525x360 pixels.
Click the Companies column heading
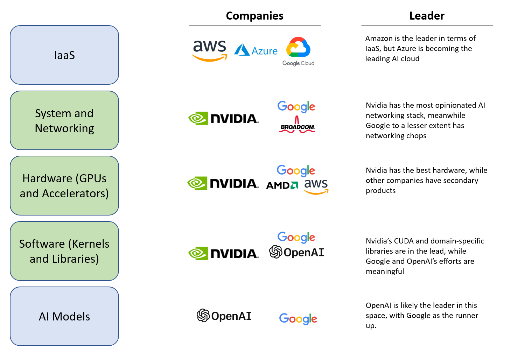pyautogui.click(x=254, y=16)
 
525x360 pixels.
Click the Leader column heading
pyautogui.click(x=427, y=16)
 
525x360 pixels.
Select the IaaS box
pyautogui.click(x=64, y=55)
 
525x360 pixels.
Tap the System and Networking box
pyautogui.click(x=64, y=120)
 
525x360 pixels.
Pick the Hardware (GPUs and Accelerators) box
pyautogui.click(x=64, y=185)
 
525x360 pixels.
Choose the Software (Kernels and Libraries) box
pyautogui.click(x=64, y=251)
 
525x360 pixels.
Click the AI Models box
pyautogui.click(x=64, y=316)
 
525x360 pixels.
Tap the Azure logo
pyautogui.click(x=256, y=50)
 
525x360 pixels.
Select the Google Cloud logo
pyautogui.click(x=298, y=51)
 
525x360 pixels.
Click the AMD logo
pyautogui.click(x=282, y=185)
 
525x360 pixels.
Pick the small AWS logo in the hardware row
pyautogui.click(x=316, y=186)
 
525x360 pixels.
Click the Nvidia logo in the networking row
pyautogui.click(x=223, y=119)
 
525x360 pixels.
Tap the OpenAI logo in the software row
pyautogui.click(x=296, y=252)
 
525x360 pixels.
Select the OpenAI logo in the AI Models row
pyautogui.click(x=224, y=316)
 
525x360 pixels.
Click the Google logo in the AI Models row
pyautogui.click(x=298, y=319)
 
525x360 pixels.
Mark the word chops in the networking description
pyautogui.click(x=416, y=136)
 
